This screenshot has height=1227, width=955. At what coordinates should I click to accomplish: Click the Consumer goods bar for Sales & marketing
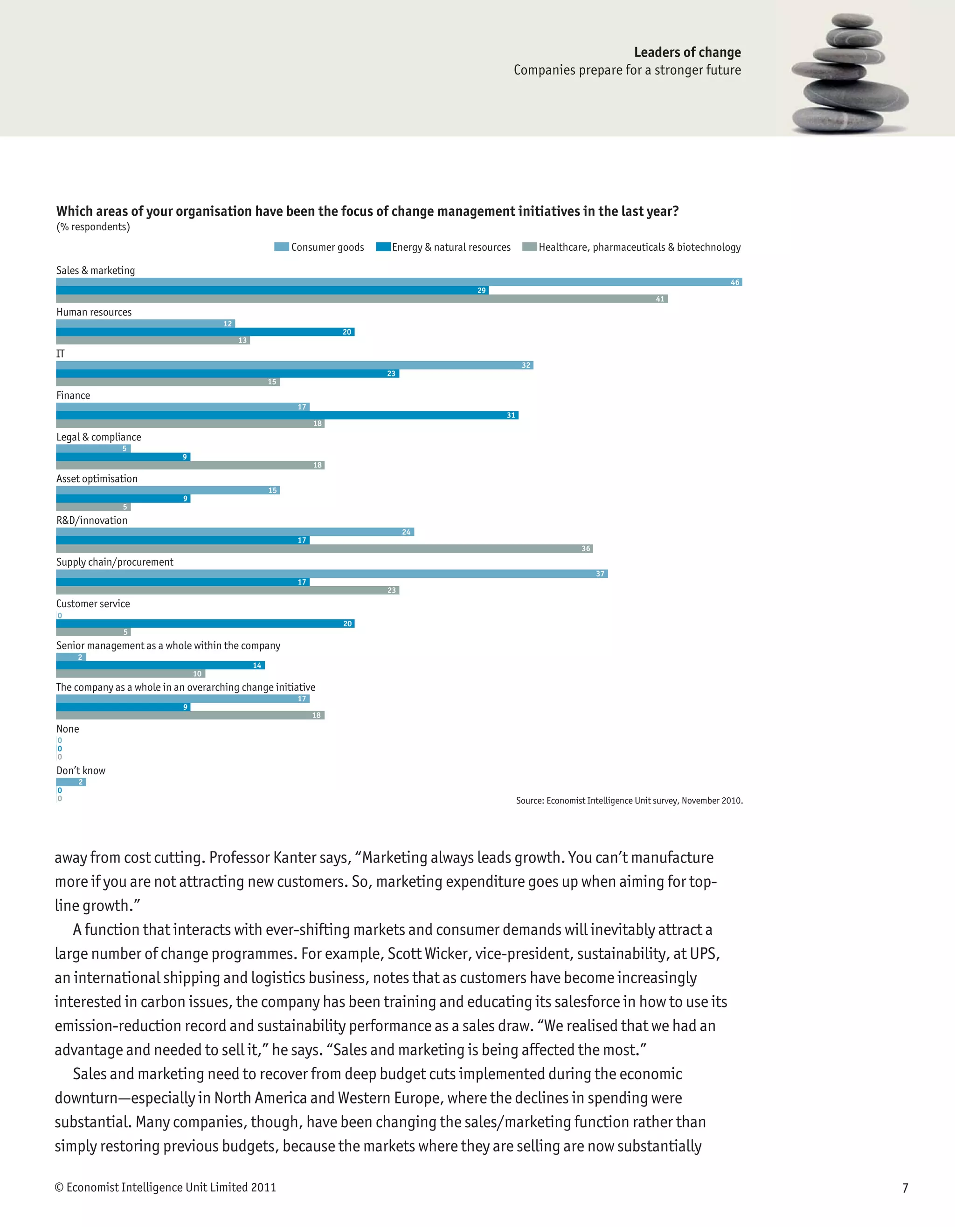coord(399,282)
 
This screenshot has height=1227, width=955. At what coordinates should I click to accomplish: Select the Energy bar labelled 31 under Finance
coord(287,415)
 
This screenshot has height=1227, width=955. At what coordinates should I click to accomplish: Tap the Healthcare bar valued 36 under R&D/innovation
coord(325,548)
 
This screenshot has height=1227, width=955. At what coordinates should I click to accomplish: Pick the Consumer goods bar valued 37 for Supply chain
coord(332,574)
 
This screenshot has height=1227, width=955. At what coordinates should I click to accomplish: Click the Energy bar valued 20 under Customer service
coord(205,624)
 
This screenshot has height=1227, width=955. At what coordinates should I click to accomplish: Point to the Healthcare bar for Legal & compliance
coord(190,465)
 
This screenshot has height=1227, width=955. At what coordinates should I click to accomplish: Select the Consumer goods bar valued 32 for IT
coord(294,365)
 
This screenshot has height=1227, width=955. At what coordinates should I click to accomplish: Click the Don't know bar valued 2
coord(71,782)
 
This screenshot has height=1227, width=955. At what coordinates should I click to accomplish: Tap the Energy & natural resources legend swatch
coord(383,247)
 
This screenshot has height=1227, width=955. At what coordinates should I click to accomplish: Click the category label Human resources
coord(94,312)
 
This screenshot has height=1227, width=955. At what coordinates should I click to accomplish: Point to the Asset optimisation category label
coord(97,479)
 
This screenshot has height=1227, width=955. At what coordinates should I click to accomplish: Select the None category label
coord(68,729)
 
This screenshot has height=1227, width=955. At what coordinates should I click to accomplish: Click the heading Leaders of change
coord(687,52)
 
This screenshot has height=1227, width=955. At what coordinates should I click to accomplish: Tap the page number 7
coord(905,1188)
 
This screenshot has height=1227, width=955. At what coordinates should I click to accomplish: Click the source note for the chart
coord(629,801)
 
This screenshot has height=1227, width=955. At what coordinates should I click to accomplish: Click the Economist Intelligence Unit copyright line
coord(165,1187)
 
